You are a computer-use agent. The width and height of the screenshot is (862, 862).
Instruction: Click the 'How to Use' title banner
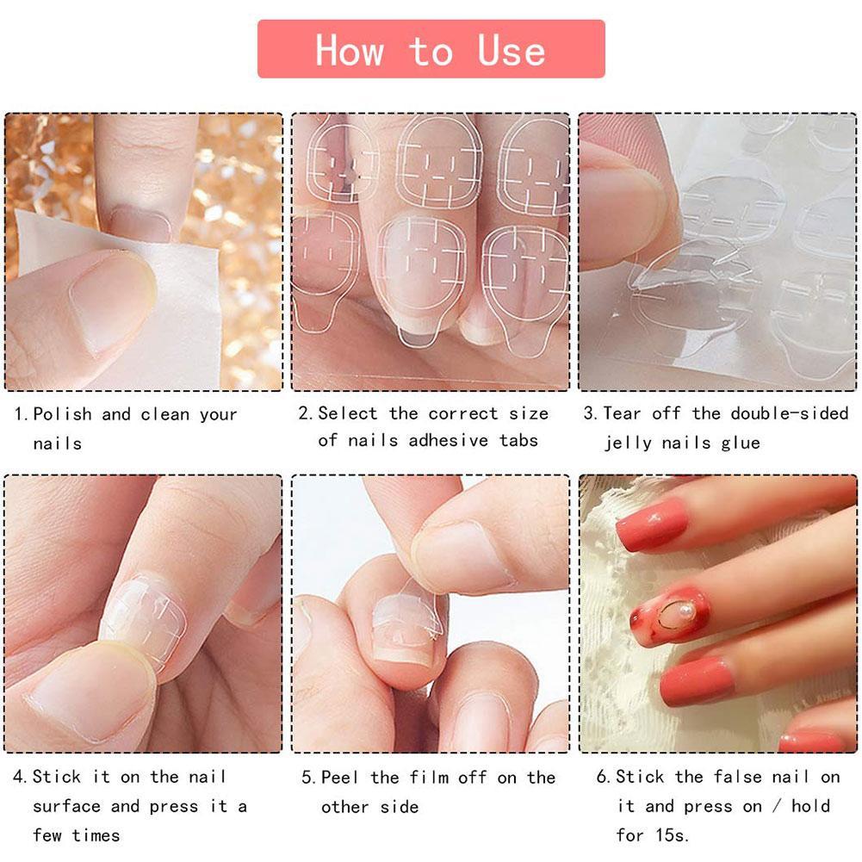(431, 50)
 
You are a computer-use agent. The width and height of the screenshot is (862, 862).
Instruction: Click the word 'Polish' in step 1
(62, 414)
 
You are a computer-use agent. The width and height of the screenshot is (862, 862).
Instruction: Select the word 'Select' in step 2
(349, 413)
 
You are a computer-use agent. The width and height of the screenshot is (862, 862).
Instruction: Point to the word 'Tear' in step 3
(622, 413)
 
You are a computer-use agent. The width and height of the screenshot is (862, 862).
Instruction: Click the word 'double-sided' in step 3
(790, 413)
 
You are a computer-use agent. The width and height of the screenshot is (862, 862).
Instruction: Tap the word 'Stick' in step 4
(59, 777)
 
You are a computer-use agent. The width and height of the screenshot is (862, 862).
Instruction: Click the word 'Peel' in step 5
(342, 778)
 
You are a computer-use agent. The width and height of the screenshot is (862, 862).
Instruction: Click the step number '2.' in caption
(306, 413)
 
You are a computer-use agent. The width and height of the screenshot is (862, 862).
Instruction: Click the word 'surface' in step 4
(66, 807)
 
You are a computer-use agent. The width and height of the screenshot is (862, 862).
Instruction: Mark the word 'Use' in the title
(512, 50)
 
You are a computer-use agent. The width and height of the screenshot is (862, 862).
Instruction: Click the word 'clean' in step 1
(165, 414)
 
